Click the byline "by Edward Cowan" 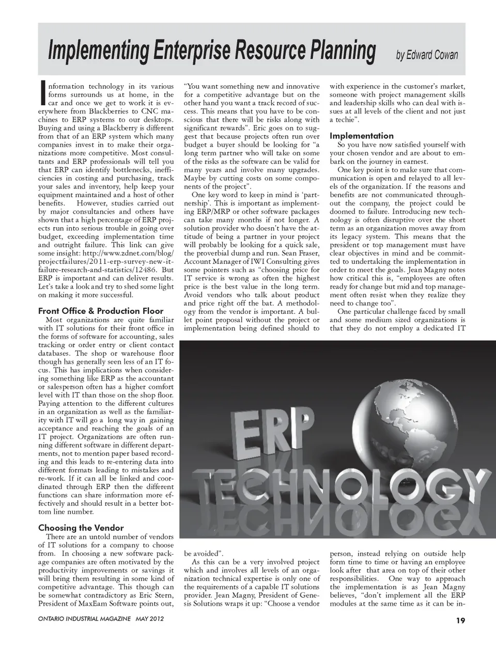[427, 55]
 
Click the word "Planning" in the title [336, 51]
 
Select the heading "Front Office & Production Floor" [101, 311]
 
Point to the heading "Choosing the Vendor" [81, 528]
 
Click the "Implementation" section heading [362, 136]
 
